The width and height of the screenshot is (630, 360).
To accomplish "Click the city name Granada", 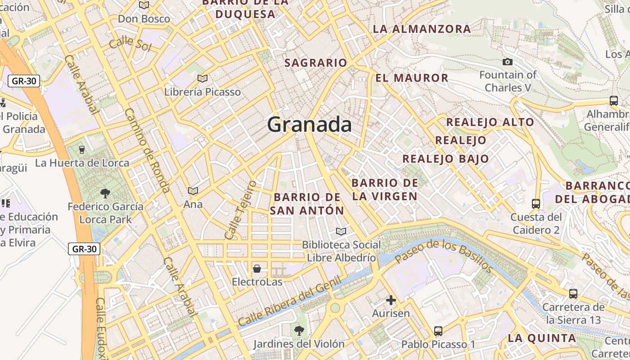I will [309, 124].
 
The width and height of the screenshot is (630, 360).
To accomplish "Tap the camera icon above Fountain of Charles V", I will [508, 62].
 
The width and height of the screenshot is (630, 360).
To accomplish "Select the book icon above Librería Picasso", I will [202, 79].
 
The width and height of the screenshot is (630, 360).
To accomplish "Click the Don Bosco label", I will [144, 19].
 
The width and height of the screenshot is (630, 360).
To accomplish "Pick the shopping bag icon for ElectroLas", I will [256, 269].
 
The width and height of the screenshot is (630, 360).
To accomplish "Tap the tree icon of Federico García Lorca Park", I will [105, 193].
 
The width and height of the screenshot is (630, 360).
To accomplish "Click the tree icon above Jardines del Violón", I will [298, 331].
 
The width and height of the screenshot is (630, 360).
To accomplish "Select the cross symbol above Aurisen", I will [391, 300].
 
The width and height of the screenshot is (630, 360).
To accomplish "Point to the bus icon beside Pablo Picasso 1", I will [438, 331].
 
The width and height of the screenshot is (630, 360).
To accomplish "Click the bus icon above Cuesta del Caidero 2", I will [535, 204].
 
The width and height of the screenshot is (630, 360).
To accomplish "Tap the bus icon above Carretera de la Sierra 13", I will [573, 294].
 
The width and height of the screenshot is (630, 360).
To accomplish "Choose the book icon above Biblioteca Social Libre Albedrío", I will [341, 232].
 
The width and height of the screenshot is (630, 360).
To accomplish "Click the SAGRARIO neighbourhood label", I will [315, 63].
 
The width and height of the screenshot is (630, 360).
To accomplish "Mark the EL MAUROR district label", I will [412, 78].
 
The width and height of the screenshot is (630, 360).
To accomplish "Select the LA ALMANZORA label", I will [422, 29].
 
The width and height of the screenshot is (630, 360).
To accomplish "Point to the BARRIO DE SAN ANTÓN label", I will [309, 204].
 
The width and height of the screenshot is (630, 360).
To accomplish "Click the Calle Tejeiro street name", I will [240, 210].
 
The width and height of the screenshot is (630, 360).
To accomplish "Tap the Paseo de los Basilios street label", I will [444, 256].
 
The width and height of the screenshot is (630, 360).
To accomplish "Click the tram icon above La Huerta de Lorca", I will [82, 149].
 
